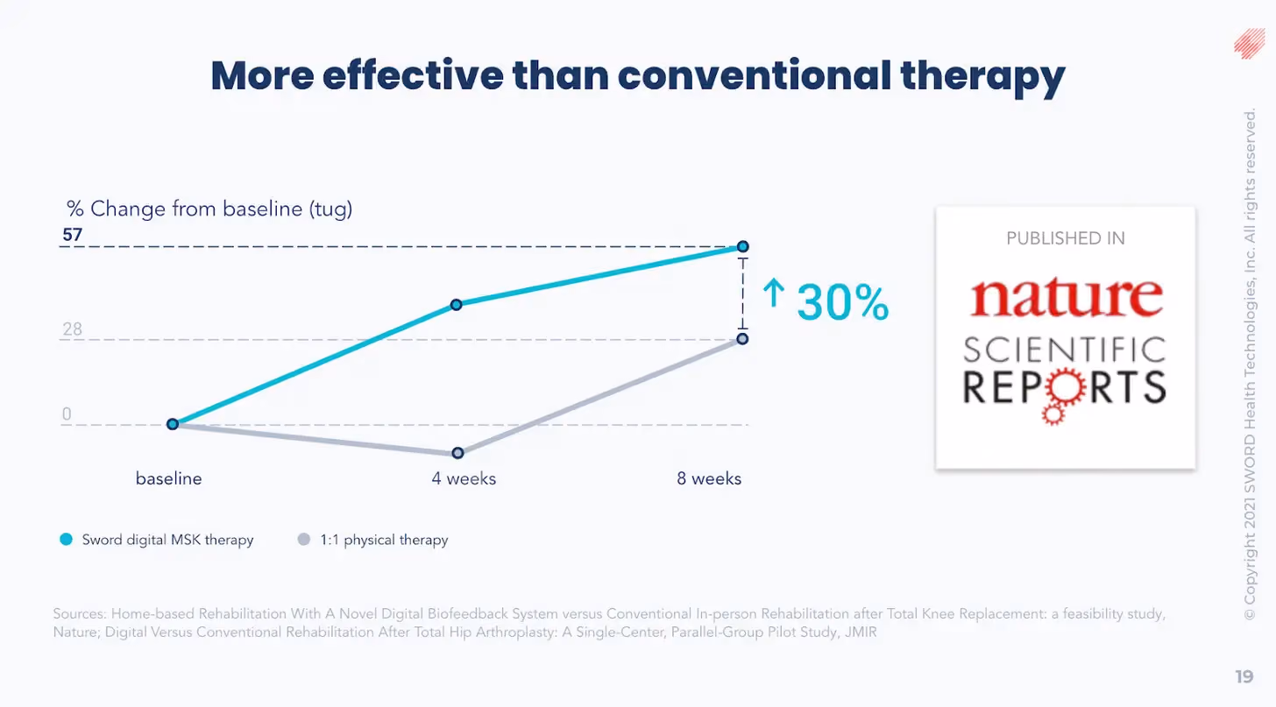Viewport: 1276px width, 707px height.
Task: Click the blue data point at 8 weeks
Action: [x=742, y=246]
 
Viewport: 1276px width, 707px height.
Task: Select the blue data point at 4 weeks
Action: [x=457, y=305]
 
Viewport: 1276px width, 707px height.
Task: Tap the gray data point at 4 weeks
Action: [x=457, y=453]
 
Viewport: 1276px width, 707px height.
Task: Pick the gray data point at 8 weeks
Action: [x=742, y=339]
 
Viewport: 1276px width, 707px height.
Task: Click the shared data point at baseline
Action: [x=173, y=424]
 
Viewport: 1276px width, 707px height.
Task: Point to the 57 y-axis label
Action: [x=73, y=235]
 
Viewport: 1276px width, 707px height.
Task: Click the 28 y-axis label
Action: [x=73, y=329]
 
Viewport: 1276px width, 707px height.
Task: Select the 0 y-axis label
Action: [x=67, y=414]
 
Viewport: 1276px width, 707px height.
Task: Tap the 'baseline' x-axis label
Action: [x=168, y=478]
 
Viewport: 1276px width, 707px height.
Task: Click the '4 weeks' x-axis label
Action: [x=464, y=478]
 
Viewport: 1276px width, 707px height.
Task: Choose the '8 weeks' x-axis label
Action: [x=709, y=478]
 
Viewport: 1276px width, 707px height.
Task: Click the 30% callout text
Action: [x=842, y=301]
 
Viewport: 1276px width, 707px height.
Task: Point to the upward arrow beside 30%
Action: [x=773, y=293]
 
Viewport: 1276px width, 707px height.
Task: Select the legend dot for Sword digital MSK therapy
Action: [x=66, y=539]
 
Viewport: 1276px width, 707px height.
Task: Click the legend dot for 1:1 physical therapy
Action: [x=304, y=539]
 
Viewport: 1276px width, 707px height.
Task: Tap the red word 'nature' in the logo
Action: [x=1067, y=297]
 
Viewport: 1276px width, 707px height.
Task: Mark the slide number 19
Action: [x=1244, y=676]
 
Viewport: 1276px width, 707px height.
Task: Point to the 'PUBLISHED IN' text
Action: [x=1066, y=238]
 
